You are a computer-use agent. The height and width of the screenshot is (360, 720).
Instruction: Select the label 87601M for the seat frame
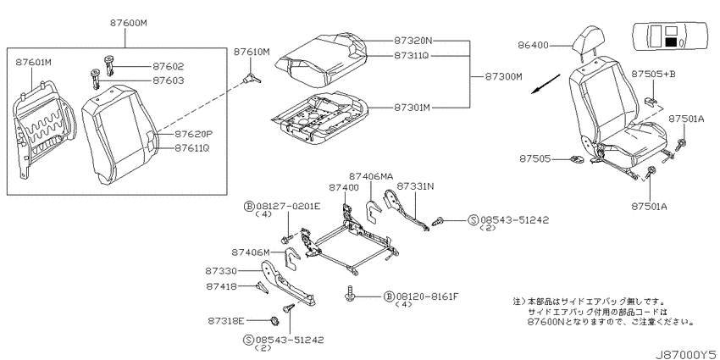coord(34,62)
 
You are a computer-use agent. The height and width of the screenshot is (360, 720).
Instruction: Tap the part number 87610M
coord(252,52)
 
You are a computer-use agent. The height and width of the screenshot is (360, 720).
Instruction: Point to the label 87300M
coord(504,77)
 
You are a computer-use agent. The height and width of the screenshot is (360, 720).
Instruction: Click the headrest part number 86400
coord(533,45)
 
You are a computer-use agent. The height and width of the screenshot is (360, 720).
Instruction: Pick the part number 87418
coord(221,286)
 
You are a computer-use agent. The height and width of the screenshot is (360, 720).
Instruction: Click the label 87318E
coord(226,320)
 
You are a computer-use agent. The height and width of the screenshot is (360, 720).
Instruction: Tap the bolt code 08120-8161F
coord(427,296)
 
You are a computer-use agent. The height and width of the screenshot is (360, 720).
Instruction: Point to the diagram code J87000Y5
coord(686,354)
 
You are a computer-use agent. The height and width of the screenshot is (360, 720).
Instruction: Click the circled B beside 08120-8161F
coord(389,296)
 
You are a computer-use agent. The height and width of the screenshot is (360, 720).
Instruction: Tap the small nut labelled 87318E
coord(275,320)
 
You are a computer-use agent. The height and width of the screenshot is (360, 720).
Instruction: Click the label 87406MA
coord(371,176)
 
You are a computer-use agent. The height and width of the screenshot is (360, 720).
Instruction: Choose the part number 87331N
coord(416,186)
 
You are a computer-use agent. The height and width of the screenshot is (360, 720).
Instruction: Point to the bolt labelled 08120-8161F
coord(352,293)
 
